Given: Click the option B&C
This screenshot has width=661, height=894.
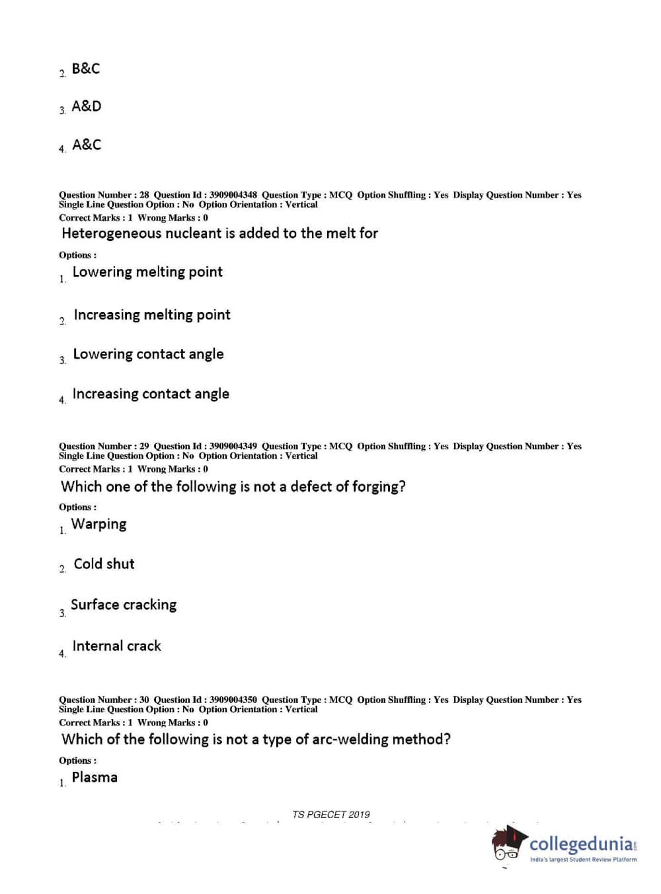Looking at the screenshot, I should (86, 69).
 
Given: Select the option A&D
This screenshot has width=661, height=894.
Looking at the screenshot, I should (87, 106).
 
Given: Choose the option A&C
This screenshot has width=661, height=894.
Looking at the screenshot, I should (87, 145).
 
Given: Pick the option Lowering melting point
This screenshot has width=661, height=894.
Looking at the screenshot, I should (147, 272).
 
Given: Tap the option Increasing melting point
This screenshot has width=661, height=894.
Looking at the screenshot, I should (152, 315).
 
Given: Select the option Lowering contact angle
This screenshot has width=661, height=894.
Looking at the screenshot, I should (148, 354).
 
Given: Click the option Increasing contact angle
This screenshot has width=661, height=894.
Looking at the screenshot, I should (151, 394).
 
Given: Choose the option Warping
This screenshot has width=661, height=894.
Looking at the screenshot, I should (99, 524).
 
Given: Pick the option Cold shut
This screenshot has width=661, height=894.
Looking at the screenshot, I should (104, 564).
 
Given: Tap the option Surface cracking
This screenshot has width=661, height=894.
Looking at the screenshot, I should (124, 605).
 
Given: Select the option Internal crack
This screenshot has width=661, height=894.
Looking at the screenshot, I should (116, 646).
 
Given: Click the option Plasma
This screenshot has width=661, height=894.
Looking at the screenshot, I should (95, 777).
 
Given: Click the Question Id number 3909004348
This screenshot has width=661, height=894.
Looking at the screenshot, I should (233, 195).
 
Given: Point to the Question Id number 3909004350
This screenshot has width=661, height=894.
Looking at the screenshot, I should (233, 700).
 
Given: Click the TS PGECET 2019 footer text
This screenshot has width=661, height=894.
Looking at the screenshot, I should (330, 815).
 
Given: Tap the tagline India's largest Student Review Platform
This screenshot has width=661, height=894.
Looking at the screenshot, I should (583, 860).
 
